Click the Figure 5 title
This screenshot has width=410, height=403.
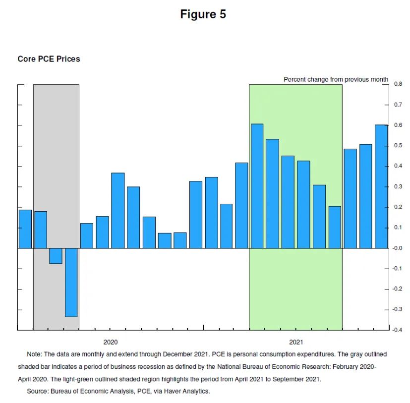click(x=203, y=14)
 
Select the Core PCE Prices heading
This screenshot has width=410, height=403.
click(x=49, y=59)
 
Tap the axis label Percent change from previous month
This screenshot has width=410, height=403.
click(x=336, y=79)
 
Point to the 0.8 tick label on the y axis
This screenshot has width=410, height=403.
click(x=398, y=84)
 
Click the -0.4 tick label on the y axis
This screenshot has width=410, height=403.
click(x=398, y=330)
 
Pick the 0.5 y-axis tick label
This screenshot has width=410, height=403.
click(x=398, y=145)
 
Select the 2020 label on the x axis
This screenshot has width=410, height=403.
click(x=111, y=342)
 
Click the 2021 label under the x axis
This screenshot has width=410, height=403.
click(x=296, y=342)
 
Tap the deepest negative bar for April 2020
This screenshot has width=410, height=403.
click(x=71, y=283)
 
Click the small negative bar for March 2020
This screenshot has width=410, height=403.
click(x=56, y=256)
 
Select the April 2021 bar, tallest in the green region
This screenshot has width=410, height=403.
click(x=257, y=186)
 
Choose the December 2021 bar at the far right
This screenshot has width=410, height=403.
click(x=381, y=186)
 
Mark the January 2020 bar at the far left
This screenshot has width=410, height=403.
click(x=25, y=229)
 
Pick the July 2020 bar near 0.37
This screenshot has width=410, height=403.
click(x=118, y=211)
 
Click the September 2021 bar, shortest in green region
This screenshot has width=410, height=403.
click(x=335, y=227)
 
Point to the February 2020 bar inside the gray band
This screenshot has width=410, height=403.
click(x=41, y=230)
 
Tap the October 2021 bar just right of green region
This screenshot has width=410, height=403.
click(x=351, y=198)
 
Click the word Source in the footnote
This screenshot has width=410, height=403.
click(x=38, y=391)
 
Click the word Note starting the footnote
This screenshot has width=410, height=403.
click(x=35, y=354)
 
